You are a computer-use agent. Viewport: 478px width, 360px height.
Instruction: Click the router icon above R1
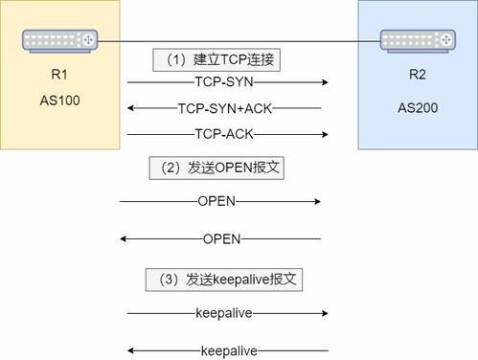point(60,40)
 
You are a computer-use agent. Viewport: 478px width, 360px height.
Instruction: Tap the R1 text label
point(59,75)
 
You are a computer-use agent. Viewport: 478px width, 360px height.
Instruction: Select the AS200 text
point(417,108)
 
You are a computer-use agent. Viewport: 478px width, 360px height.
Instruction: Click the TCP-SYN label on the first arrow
point(222,83)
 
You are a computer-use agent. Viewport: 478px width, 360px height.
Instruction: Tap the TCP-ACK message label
point(222,133)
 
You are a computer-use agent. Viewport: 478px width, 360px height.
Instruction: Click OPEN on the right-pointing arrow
point(216,201)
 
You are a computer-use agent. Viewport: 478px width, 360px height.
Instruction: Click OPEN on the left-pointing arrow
point(222,238)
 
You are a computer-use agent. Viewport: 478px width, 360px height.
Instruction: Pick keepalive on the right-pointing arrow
point(222,312)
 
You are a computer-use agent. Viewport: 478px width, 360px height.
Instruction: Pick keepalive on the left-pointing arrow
point(228,350)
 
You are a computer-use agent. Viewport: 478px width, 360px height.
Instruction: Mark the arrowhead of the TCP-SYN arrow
point(325,83)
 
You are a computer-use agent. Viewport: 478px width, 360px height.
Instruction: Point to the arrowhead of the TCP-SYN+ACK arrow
point(130,108)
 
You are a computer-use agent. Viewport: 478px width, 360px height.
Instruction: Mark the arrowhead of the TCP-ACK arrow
point(325,133)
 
